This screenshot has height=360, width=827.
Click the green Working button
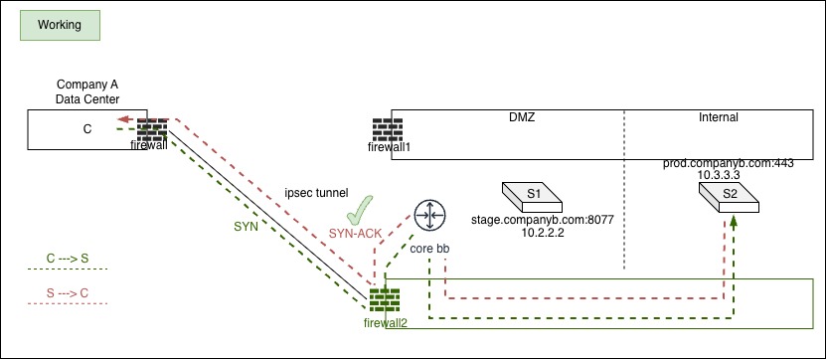60,25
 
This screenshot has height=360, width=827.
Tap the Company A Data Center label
88,91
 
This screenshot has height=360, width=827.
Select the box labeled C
87,129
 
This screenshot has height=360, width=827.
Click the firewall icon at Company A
152,129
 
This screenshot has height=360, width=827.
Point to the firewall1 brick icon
388,129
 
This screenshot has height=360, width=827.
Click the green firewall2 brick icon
385,300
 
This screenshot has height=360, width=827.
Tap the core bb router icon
429,216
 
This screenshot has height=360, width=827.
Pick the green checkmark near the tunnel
360,210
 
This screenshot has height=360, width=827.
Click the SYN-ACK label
355,234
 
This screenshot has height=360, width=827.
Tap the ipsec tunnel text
316,193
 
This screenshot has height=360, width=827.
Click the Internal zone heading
719,117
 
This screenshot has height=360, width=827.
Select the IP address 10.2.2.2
543,233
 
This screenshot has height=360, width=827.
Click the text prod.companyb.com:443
729,164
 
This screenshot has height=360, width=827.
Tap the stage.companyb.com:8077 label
543,220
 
